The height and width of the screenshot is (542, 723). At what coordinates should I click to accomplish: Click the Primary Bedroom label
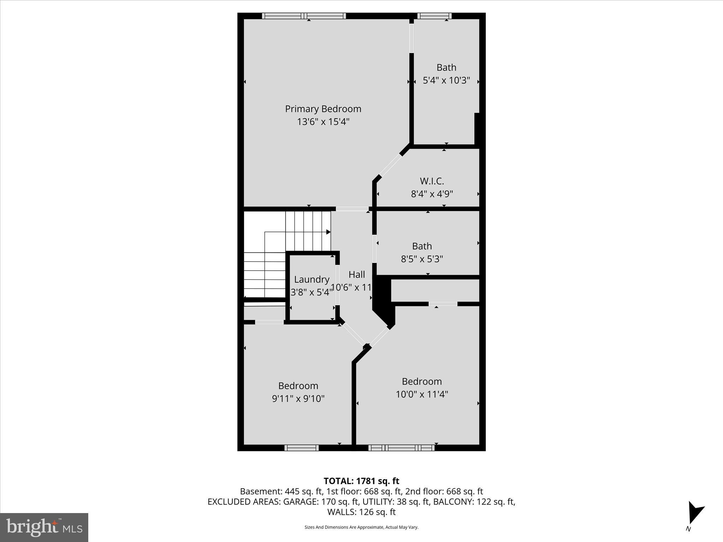(323, 109)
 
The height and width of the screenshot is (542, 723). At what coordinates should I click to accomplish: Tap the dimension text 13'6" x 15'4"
(323, 122)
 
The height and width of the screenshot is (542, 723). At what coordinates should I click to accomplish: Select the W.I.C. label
(432, 181)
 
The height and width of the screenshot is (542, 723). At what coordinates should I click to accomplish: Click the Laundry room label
(311, 279)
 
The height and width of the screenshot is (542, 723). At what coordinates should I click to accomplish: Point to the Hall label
(357, 275)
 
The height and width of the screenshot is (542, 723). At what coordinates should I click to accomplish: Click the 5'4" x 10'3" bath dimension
(446, 80)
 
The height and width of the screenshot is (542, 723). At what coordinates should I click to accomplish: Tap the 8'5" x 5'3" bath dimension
(422, 259)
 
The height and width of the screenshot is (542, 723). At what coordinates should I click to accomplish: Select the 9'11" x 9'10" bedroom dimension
(298, 399)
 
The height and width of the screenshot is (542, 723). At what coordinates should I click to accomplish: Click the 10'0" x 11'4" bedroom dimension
(422, 394)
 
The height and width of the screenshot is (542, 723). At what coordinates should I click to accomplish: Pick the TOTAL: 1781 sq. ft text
(361, 481)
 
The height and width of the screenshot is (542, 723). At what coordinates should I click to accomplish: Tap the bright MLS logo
(44, 527)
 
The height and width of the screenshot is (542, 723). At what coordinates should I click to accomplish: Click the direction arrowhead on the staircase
(328, 232)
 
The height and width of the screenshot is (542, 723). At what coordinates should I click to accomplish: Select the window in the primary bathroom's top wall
(434, 16)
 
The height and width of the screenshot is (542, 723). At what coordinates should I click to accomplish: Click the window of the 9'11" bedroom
(301, 448)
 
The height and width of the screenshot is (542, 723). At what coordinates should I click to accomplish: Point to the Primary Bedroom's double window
(304, 16)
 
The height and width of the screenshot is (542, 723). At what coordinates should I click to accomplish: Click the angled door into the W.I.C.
(390, 165)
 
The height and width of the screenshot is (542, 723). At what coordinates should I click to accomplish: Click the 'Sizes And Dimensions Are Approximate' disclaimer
(361, 527)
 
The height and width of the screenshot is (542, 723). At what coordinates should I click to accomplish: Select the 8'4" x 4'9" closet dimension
(432, 194)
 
